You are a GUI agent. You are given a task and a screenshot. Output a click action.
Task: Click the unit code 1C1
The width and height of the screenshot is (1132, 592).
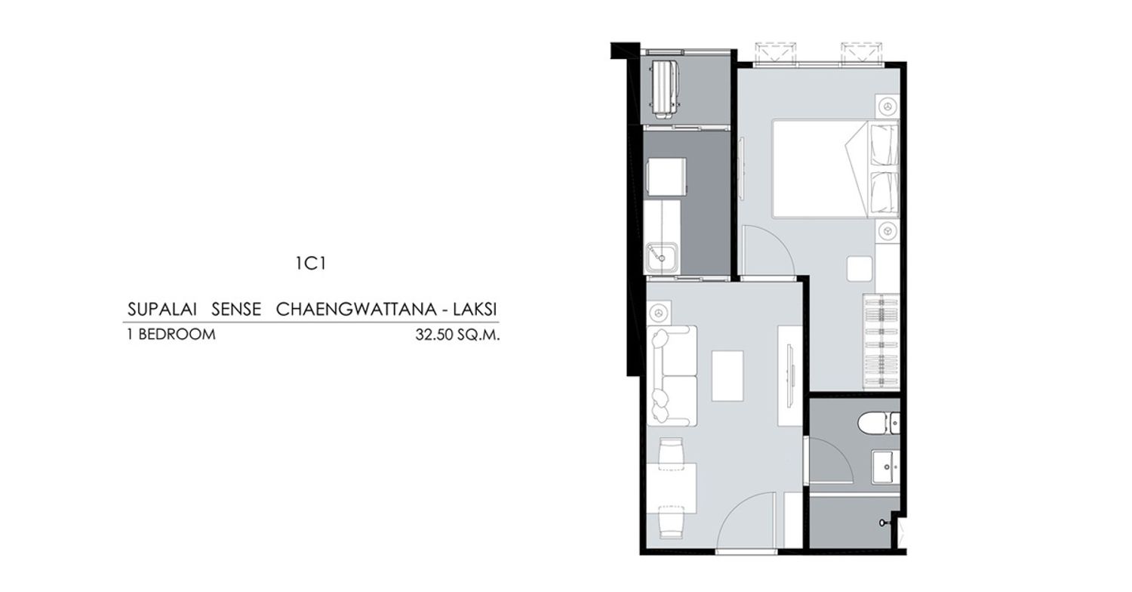click(311, 264)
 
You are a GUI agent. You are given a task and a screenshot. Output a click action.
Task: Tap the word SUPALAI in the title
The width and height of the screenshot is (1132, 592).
click(161, 310)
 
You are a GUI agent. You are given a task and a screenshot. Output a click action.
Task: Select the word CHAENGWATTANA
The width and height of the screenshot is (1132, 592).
click(356, 310)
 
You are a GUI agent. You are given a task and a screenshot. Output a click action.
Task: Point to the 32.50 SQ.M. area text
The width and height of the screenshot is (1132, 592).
click(457, 335)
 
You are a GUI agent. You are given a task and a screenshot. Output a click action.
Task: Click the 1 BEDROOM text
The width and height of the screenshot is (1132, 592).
click(171, 335)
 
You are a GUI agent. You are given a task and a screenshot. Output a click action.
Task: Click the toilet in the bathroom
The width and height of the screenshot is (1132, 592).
click(878, 423)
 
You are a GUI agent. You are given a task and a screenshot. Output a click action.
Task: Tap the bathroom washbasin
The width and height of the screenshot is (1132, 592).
click(886, 467)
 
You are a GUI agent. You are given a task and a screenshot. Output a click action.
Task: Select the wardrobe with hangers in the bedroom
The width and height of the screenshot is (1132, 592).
click(881, 342)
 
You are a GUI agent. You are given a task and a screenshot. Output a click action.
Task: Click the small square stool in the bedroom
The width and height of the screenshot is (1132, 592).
click(860, 269)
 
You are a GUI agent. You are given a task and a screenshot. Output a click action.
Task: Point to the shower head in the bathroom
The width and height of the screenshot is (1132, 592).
click(884, 523)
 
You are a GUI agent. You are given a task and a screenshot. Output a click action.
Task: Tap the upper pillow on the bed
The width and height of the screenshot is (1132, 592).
click(883, 144)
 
